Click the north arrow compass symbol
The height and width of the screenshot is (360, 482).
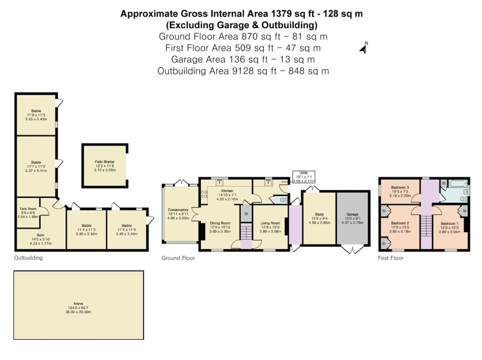coord(364,48)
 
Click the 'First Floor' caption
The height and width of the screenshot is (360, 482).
coord(391,258)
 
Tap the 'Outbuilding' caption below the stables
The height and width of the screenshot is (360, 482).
coord(28,258)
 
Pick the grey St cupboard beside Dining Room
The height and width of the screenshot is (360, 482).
coord(246,213)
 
